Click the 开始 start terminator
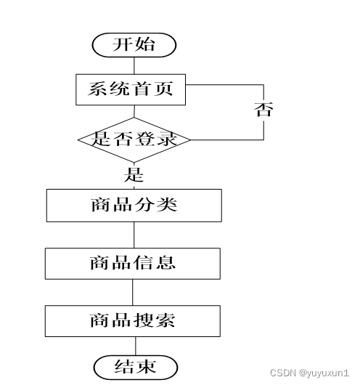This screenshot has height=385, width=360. coord(134,45)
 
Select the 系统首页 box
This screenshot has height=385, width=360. coord(131,89)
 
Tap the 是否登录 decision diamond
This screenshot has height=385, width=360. coord(134,140)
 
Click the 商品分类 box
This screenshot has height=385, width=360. coord(134,206)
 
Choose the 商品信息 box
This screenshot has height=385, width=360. coord(133,264)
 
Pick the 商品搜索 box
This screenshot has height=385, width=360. coord(133,321)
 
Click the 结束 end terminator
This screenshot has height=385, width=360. coord(136,368)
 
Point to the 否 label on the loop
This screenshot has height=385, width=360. coord(263,110)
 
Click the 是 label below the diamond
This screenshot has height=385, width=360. coord(134,175)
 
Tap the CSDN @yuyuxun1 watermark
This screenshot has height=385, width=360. coord(309,373)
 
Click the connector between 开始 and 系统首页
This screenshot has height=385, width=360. coord(134,65)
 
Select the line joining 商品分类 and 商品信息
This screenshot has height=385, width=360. coord(134,235)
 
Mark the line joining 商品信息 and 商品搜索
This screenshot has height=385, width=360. coord(133,292)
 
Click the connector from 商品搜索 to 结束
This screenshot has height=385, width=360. coord(136,346)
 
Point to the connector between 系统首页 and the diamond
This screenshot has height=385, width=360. coord(134,111)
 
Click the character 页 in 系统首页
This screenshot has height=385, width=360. coord(164,89)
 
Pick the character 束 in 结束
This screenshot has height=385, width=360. coord(147,367)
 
